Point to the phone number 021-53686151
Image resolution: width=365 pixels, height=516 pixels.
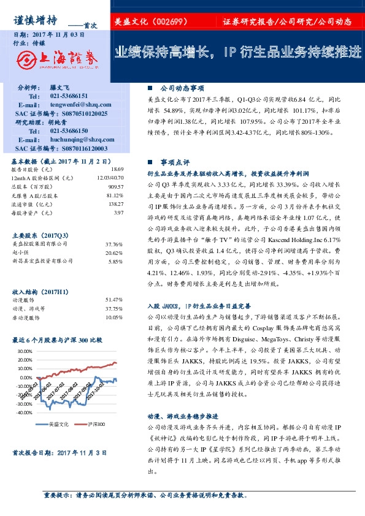tap(69, 96)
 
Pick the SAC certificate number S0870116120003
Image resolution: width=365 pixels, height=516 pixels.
tap(78, 148)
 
